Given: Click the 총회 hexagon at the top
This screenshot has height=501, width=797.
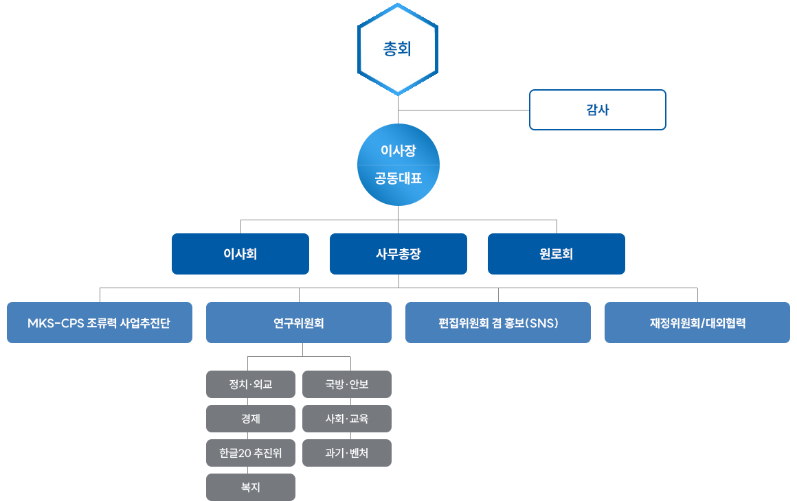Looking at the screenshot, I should [x=398, y=49].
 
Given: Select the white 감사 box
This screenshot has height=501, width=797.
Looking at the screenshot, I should [x=597, y=110].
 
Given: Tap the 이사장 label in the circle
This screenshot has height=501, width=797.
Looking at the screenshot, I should [x=398, y=151].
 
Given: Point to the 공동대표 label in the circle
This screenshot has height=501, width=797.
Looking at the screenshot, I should [x=398, y=179].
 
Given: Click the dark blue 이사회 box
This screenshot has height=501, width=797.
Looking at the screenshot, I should [x=240, y=254].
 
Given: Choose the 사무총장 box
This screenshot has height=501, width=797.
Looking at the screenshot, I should [x=398, y=254].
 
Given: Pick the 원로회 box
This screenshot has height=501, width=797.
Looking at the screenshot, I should [x=556, y=254].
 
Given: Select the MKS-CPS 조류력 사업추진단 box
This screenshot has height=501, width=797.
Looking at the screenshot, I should [x=100, y=323].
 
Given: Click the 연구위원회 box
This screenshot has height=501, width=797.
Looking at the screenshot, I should [x=299, y=323].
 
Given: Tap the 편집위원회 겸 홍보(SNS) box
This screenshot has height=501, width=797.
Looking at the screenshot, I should [x=498, y=323].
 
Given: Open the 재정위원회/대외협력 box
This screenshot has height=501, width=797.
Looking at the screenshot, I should [x=697, y=323].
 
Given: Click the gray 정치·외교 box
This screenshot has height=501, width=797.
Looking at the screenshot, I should [x=251, y=384].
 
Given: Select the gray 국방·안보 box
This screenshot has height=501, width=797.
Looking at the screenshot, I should [x=347, y=384].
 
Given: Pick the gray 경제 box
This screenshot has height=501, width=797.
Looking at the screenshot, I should [x=251, y=419].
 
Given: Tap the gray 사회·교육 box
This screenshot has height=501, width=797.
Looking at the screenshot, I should [x=347, y=419].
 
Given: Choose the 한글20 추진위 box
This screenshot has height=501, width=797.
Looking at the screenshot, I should [x=251, y=453].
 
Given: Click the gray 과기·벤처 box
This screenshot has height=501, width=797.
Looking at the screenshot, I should [x=347, y=453].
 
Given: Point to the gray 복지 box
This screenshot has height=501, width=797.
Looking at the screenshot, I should [x=251, y=487].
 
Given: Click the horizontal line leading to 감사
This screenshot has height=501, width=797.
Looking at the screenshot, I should [x=464, y=110].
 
